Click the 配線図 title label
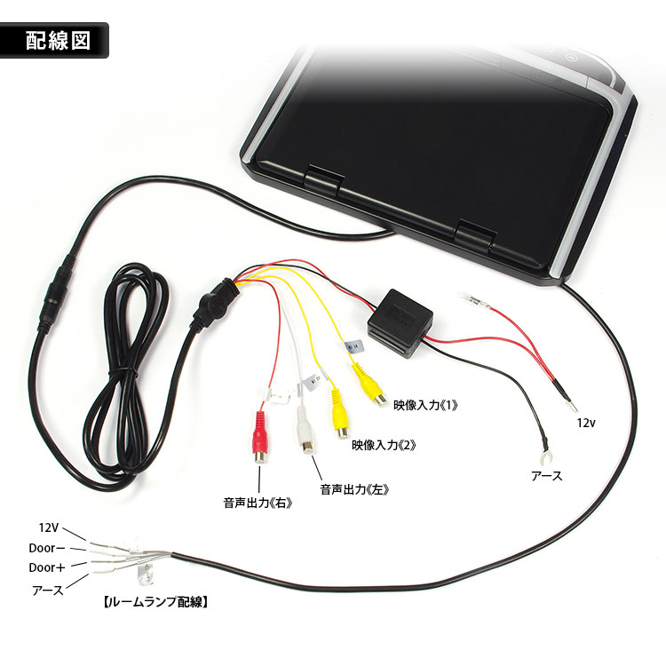[x=58, y=40]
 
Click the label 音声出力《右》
[x=258, y=503]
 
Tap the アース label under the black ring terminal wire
[x=547, y=476]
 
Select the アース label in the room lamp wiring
[x=47, y=588]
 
